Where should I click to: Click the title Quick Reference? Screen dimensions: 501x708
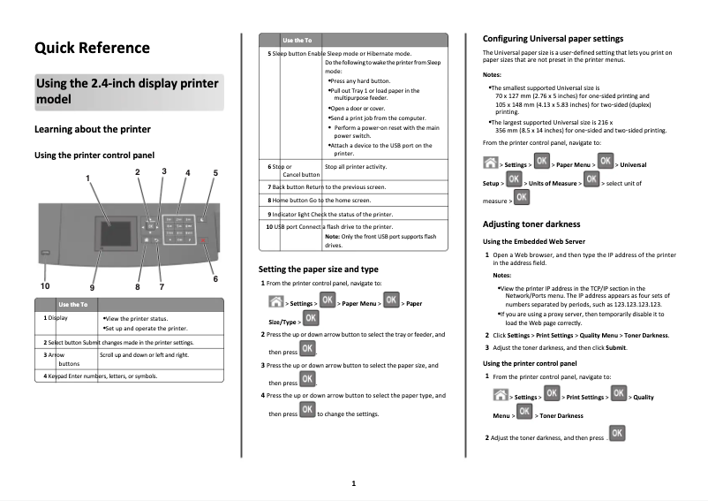[x=92, y=48]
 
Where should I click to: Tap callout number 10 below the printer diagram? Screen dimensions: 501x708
[x=44, y=286]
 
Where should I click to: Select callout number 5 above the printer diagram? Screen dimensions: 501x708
[x=215, y=172]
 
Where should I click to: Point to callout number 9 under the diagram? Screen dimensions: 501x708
[x=92, y=287]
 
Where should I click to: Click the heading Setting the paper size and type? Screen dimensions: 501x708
[x=318, y=268]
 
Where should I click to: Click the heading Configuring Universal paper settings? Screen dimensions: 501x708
[x=553, y=39]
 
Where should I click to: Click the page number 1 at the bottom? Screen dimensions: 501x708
[x=353, y=483]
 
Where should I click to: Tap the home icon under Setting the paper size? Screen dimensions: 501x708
[x=275, y=302]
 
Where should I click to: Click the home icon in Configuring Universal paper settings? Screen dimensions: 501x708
[x=490, y=163]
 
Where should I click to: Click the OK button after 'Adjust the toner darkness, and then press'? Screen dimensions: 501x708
[x=618, y=433]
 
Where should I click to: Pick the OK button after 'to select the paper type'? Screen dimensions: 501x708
[x=307, y=410]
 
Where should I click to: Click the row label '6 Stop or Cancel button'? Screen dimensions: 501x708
[x=290, y=171]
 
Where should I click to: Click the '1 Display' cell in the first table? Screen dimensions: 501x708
[x=56, y=317]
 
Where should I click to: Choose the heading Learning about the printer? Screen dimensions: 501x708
[x=92, y=129]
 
